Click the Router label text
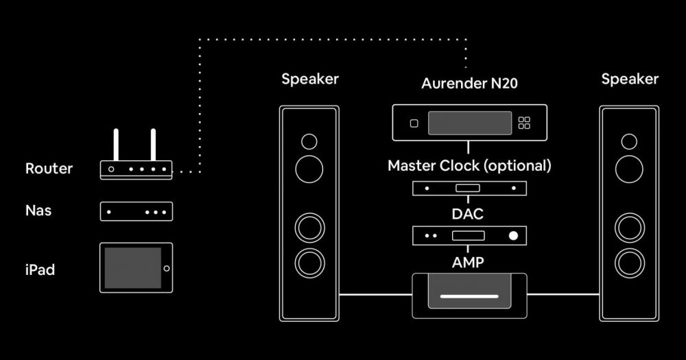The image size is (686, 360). [x=49, y=169]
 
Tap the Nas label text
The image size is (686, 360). [x=38, y=211]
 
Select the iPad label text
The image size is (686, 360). [x=40, y=270]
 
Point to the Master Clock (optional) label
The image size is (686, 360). [x=469, y=166]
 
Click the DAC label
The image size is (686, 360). [x=468, y=214]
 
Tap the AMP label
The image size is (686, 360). [x=469, y=262]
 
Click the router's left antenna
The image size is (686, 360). [x=117, y=145]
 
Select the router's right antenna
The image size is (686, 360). [x=153, y=145]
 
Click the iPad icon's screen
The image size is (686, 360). [x=132, y=267]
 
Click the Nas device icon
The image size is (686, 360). [x=137, y=212]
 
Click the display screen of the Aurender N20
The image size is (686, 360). [x=470, y=123]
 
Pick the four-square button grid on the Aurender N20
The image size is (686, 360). [x=525, y=123]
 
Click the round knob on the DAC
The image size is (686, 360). [x=513, y=236]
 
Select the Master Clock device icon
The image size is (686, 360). [x=469, y=187]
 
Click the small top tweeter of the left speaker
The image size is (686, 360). [x=309, y=142]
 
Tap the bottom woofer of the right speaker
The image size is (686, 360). [x=629, y=261]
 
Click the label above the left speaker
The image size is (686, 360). [x=310, y=79]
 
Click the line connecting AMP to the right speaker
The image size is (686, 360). [x=563, y=295]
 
